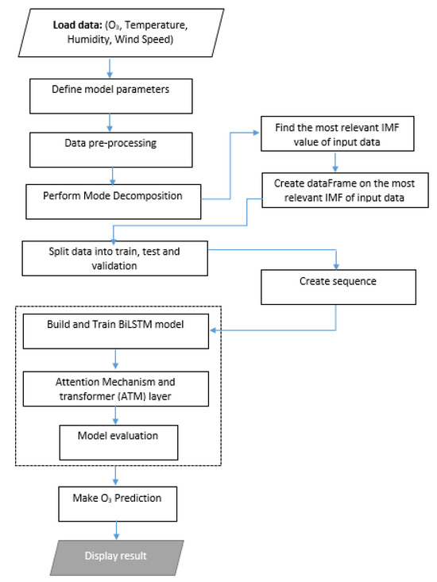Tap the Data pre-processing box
(x=112, y=145)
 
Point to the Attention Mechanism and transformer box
(x=116, y=389)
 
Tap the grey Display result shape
(x=116, y=553)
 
